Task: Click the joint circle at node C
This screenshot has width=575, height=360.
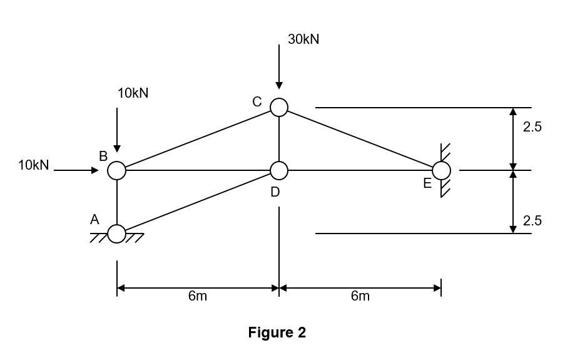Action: pyautogui.click(x=279, y=108)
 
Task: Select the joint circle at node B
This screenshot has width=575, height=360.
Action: pyautogui.click(x=117, y=170)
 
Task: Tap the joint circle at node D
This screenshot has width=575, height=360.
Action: pyautogui.click(x=279, y=170)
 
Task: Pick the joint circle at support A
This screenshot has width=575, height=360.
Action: pyautogui.click(x=117, y=234)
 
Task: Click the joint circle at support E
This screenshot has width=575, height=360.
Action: pyautogui.click(x=441, y=170)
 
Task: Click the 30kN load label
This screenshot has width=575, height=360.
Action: pyautogui.click(x=303, y=39)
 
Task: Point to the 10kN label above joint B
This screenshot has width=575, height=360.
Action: pyautogui.click(x=133, y=93)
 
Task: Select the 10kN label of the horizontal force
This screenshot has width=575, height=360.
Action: pyautogui.click(x=33, y=165)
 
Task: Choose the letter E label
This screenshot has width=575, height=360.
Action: pyautogui.click(x=427, y=183)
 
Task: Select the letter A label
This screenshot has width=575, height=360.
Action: pyautogui.click(x=94, y=220)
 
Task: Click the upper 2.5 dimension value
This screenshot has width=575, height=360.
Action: pyautogui.click(x=532, y=127)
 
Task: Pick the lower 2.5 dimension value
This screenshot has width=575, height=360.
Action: pyautogui.click(x=532, y=220)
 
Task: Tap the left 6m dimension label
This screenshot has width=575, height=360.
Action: pyautogui.click(x=197, y=296)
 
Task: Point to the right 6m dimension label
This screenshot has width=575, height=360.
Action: pyautogui.click(x=360, y=296)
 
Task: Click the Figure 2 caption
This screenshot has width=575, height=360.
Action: pyautogui.click(x=277, y=332)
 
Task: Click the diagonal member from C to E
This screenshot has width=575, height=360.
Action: pyautogui.click(x=360, y=139)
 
